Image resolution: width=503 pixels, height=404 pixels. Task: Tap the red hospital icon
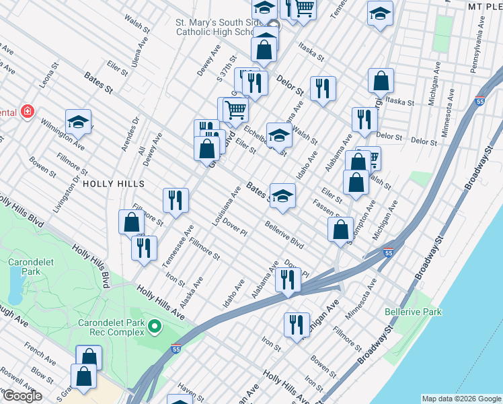pyautogui.click(x=28, y=111)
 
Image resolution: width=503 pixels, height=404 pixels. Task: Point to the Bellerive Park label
pyautogui.click(x=413, y=312)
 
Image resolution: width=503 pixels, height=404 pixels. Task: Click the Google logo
pyautogui.click(x=22, y=396)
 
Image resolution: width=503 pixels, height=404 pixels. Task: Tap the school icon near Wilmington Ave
pyautogui.click(x=78, y=123)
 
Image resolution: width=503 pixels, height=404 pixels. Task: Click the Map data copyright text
pyautogui.click(x=461, y=399)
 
